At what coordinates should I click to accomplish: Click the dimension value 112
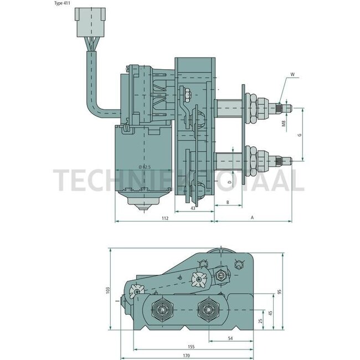pos(164,218)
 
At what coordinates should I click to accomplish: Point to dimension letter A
pos(252,218)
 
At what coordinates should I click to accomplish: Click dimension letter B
pos(227,203)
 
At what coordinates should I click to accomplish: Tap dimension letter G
pos(300,135)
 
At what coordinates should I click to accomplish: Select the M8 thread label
pos(284,124)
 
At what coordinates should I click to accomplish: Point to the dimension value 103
pos(107,290)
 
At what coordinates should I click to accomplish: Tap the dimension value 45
pos(270,313)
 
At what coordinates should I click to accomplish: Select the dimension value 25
pos(261,321)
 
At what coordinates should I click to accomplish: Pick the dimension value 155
pos(191,346)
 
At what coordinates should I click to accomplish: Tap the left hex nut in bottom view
pos(163,309)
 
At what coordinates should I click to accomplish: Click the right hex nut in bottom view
pos(209,308)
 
